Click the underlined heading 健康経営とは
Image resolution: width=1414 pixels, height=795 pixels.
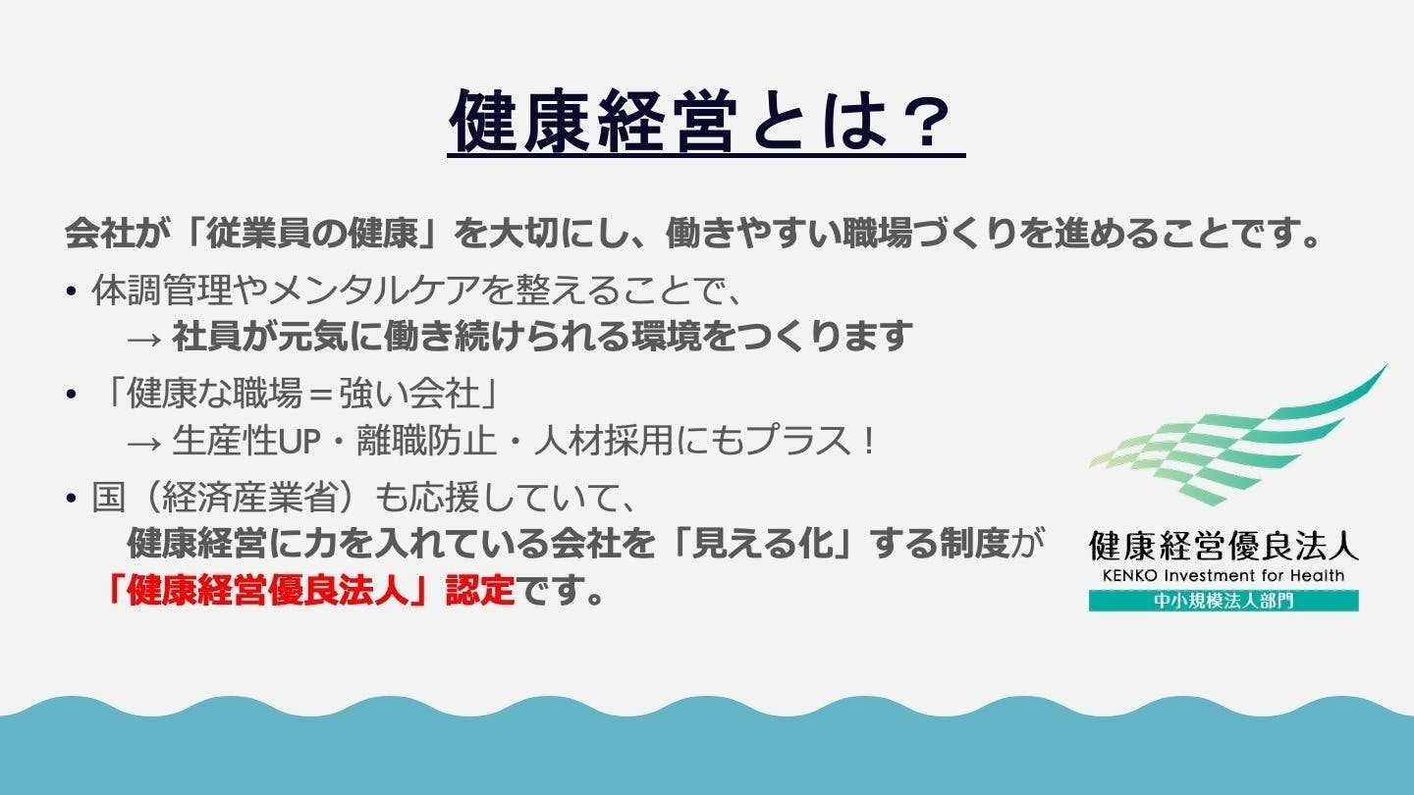click(670, 121)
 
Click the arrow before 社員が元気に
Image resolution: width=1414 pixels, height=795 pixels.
click(144, 340)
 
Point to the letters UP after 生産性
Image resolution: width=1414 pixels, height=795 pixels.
click(298, 441)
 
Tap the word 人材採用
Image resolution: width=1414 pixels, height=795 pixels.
click(604, 440)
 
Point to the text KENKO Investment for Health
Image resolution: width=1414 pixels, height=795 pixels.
click(1224, 575)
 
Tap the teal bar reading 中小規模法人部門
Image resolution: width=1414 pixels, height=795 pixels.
click(1224, 600)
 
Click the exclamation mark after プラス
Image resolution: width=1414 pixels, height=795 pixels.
click(870, 441)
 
